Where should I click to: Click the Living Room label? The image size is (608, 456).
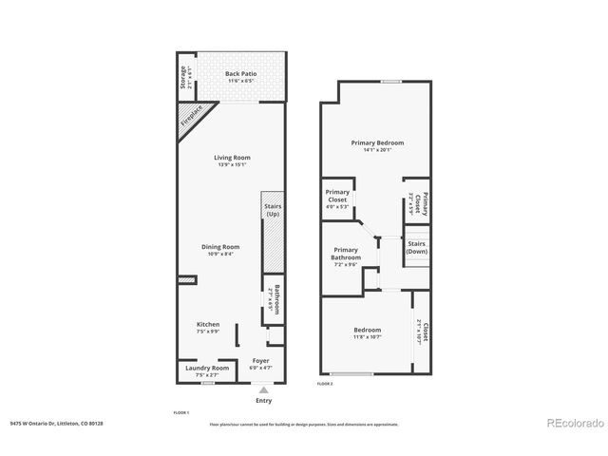[232, 158]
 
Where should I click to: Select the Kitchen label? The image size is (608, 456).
[208, 324]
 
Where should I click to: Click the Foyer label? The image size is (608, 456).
[258, 362]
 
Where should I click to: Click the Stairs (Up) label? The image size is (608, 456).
[271, 210]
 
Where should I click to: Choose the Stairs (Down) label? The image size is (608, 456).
[417, 247]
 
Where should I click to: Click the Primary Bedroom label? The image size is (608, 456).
[377, 142]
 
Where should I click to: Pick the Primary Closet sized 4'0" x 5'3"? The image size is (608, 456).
[337, 198]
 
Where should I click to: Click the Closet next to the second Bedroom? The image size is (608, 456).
[423, 332]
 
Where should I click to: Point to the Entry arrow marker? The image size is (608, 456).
[264, 389]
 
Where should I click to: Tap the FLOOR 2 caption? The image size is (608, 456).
[325, 384]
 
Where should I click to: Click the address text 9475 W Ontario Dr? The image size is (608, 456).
[53, 425]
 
